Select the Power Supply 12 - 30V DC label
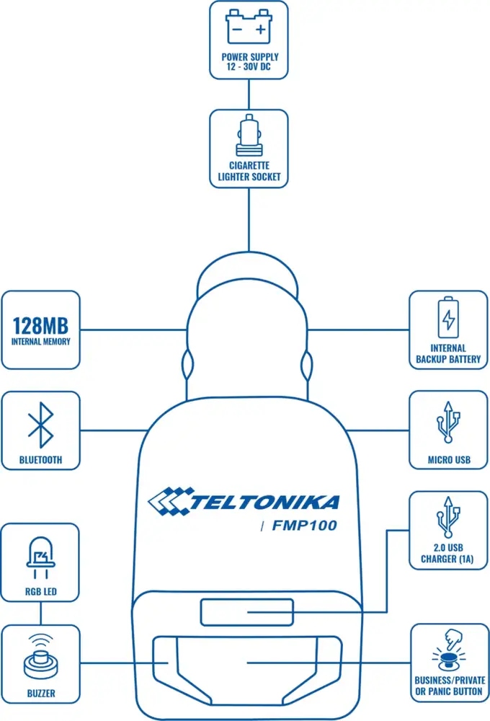point(248,63)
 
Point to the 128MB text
point(41,322)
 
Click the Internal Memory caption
point(41,341)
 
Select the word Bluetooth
point(41,459)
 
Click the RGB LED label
point(40,594)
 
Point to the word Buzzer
point(40,694)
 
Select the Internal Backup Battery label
point(448,353)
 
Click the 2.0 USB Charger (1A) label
point(448,554)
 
